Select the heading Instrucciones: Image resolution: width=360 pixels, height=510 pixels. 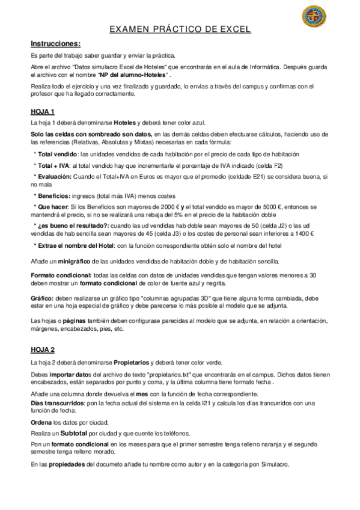pyautogui.click(x=55, y=43)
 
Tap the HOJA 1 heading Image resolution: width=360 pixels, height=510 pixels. pyautogui.click(x=43, y=111)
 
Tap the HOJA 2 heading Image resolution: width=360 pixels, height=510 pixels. pyautogui.click(x=43, y=349)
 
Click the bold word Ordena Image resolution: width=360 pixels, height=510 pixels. pyautogui.click(x=43, y=422)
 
